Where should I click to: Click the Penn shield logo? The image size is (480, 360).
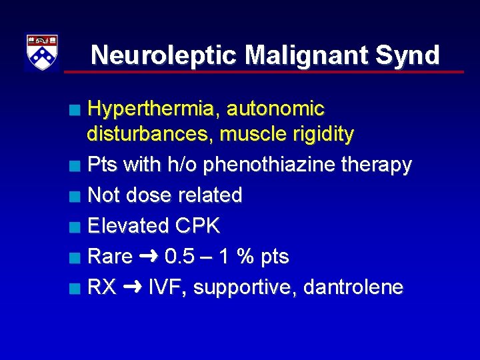(x=42, y=52)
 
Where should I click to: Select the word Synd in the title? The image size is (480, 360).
(x=409, y=55)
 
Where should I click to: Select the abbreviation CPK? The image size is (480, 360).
(x=198, y=226)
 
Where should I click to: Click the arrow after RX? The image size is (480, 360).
(x=132, y=287)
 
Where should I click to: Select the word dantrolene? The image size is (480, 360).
(x=353, y=287)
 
